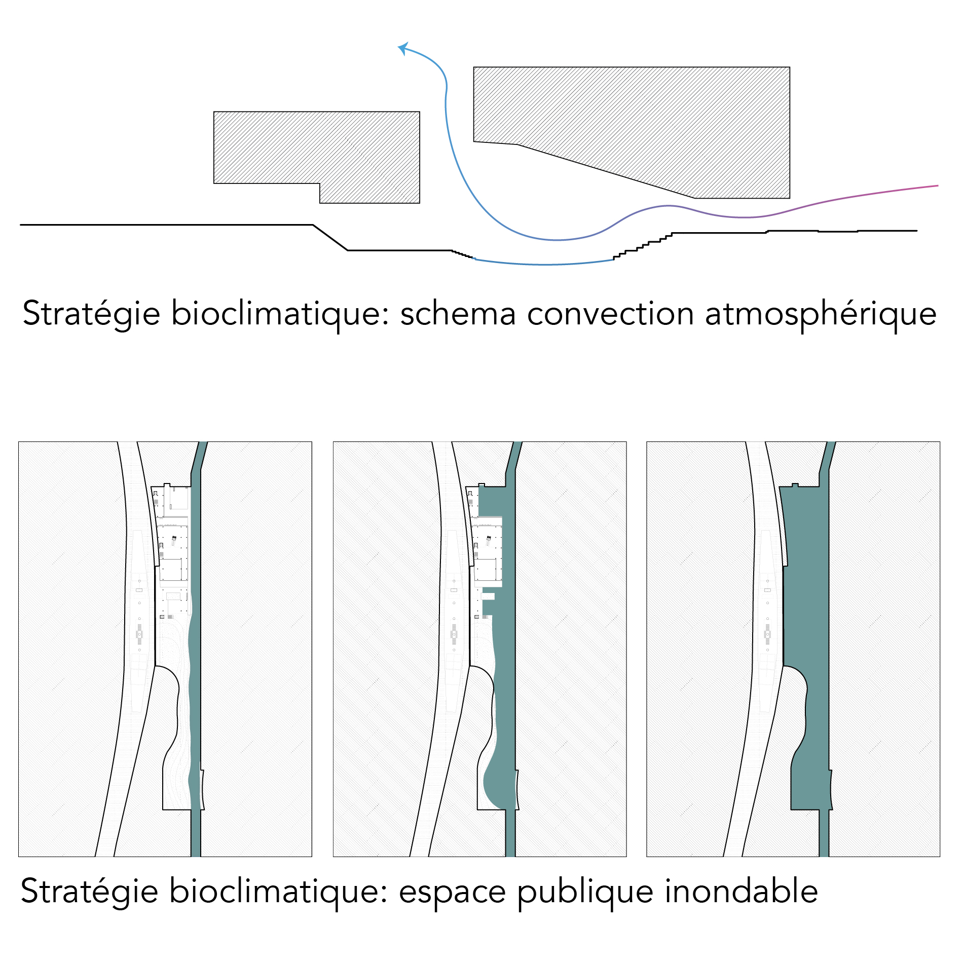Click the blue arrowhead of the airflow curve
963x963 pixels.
[x=402, y=48]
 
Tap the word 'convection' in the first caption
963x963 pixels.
[x=610, y=314]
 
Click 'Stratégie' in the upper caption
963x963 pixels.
[x=91, y=314]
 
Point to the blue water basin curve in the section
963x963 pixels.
[x=545, y=264]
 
